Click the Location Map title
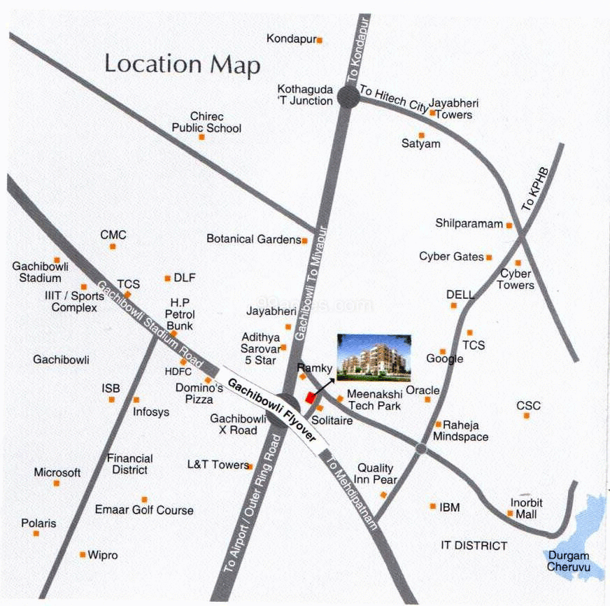(x=182, y=64)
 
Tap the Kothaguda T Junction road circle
(x=348, y=97)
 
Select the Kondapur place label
(x=292, y=39)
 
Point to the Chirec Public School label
(x=206, y=122)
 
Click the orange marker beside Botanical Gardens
(x=304, y=240)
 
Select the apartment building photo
(x=371, y=355)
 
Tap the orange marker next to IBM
(x=433, y=506)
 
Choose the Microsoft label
(x=57, y=472)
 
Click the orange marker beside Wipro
(x=83, y=555)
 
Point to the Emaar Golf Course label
(x=144, y=510)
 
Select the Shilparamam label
(x=469, y=224)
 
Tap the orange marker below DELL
(x=453, y=305)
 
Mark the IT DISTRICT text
(x=474, y=546)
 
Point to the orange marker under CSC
(x=526, y=416)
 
